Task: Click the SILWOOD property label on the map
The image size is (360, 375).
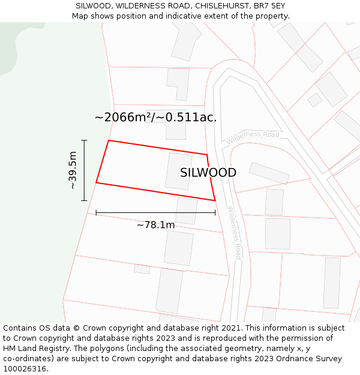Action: click(x=208, y=173)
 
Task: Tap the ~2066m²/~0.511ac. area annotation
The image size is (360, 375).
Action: click(x=155, y=117)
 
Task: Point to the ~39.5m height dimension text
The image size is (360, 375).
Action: click(x=73, y=170)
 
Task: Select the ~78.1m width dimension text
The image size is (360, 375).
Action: click(x=155, y=225)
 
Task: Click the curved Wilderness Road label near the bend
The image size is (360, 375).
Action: click(x=253, y=137)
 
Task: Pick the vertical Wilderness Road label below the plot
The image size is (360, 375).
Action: click(x=235, y=233)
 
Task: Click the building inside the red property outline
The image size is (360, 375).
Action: click(x=178, y=171)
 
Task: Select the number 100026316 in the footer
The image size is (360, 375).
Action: click(x=25, y=369)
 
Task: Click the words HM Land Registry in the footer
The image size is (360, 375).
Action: click(x=32, y=349)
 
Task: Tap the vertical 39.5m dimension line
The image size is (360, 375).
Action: click(x=84, y=170)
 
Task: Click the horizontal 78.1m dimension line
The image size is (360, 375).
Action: click(x=155, y=213)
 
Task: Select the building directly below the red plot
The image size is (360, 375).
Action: click(x=187, y=211)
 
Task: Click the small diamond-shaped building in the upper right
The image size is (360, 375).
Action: click(x=314, y=100)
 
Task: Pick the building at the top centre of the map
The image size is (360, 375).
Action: click(x=187, y=41)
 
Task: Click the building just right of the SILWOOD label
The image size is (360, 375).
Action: click(x=269, y=173)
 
